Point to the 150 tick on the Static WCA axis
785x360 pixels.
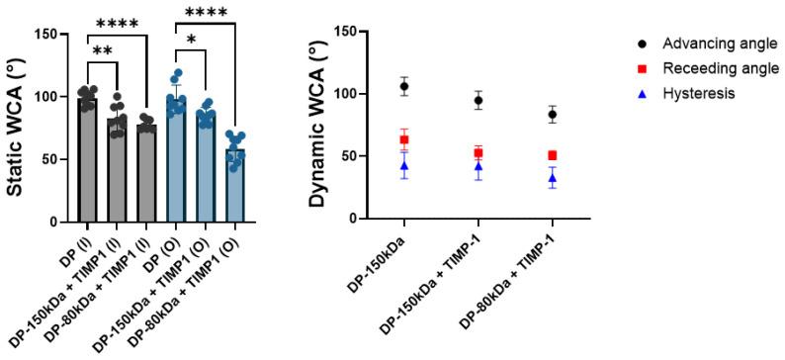[52, 34]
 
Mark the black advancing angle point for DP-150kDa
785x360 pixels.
[403, 86]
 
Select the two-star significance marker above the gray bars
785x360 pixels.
[102, 48]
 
